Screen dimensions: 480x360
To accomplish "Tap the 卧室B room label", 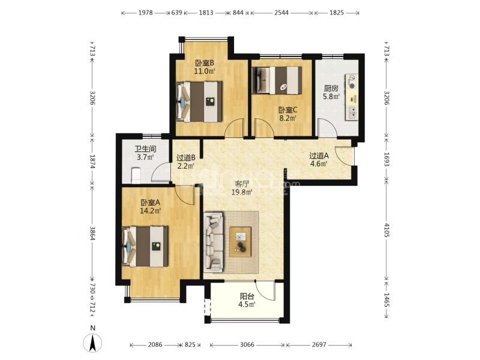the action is click(205, 64).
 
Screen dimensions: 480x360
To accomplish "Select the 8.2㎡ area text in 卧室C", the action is click(288, 118).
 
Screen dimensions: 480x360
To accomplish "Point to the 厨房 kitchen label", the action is click(331, 89).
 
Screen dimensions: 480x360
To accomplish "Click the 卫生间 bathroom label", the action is click(145, 149).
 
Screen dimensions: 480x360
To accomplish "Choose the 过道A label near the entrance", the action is click(319, 155).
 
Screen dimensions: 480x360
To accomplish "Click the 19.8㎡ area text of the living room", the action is click(242, 192).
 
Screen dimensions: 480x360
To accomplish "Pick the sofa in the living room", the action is click(214, 242).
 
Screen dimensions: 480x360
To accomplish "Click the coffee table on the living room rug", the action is click(241, 242).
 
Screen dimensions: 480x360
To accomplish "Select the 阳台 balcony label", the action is click(247, 296).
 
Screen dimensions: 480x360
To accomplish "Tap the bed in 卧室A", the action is click(145, 247).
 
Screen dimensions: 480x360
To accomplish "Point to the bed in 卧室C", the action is click(277, 80).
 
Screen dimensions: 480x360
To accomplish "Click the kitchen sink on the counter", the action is click(352, 112).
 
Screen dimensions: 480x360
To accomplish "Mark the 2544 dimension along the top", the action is click(281, 13).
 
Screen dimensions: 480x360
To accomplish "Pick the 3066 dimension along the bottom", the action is click(247, 344).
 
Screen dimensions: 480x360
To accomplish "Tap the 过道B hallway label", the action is click(186, 158).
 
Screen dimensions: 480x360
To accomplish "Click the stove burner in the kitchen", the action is click(353, 86).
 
